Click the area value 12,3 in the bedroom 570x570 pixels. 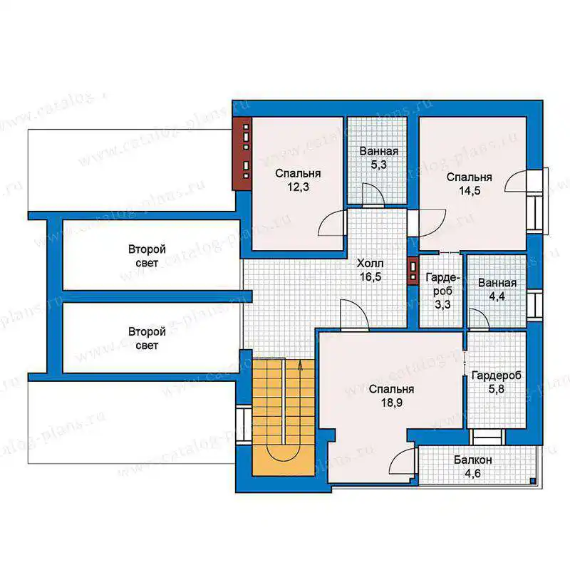298,187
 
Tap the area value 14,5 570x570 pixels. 470,190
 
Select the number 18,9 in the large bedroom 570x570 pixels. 391,403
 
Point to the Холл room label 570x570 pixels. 370,263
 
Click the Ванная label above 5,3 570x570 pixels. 379,151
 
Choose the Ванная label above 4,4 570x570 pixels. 497,283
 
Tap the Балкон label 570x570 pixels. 473,460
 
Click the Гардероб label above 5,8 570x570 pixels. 496,375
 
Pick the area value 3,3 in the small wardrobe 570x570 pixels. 442,304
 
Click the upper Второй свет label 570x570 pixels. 147,256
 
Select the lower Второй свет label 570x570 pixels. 147,338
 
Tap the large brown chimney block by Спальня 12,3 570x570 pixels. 242,153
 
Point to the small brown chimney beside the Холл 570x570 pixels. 413,271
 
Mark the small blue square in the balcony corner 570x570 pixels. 532,481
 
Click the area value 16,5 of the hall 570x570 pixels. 370,276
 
